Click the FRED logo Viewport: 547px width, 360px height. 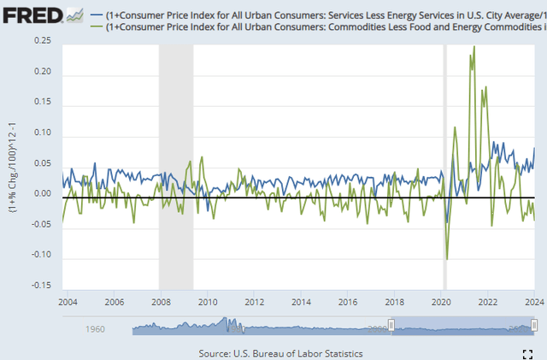[32, 15]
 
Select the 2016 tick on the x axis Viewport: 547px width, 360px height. [348, 303]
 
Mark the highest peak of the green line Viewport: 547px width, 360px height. [474, 47]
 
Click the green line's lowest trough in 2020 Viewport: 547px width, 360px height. [447, 258]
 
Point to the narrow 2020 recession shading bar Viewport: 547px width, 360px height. [444, 162]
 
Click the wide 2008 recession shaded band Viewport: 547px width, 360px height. [176, 162]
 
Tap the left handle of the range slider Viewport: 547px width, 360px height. [391, 325]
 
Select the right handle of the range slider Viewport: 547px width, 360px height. [535, 325]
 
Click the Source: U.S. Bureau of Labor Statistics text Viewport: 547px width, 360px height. [280, 352]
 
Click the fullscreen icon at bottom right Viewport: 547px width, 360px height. [527, 352]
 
